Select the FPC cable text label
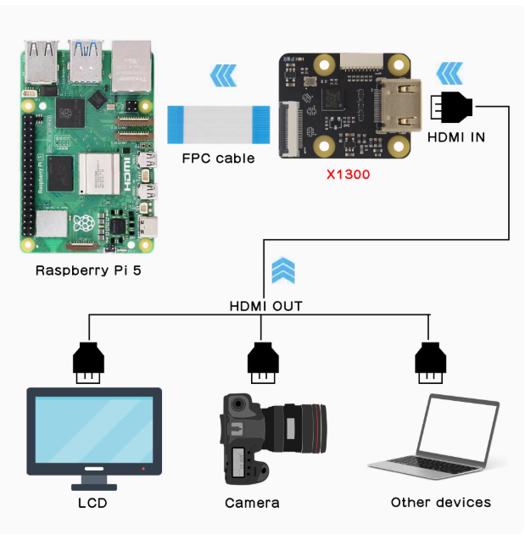coord(218,159)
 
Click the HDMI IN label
coord(456,136)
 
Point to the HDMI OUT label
coord(265,306)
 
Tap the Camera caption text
coord(252,504)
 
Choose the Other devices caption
coord(440,503)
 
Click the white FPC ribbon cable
coord(219,124)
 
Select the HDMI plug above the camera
coord(263,360)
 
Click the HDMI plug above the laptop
coord(430,360)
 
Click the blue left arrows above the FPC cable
coord(223,78)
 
